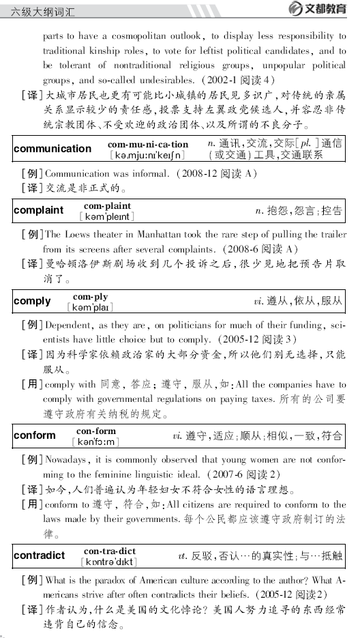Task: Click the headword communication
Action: click(52, 149)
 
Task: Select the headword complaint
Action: click(38, 210)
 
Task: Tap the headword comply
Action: click(32, 301)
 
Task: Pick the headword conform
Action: click(35, 435)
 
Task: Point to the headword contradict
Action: click(40, 555)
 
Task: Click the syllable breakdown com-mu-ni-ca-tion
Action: click(147, 144)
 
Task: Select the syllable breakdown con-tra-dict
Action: click(109, 551)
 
